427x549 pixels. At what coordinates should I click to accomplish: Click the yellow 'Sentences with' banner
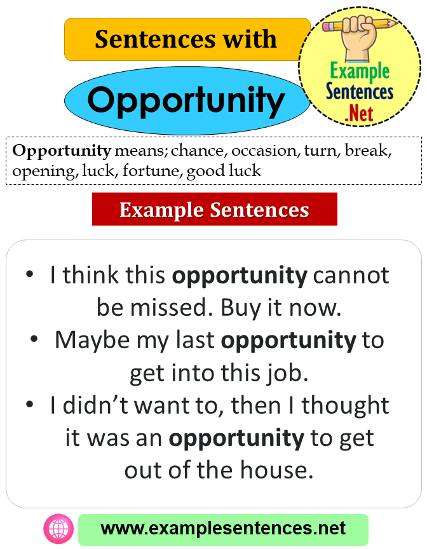click(x=187, y=39)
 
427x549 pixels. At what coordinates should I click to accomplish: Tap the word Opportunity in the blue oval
click(x=186, y=100)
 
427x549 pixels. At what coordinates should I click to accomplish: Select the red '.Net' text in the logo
click(x=360, y=114)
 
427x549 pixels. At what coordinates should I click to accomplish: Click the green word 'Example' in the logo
click(x=360, y=71)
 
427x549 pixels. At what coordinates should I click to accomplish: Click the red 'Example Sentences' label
click(x=214, y=210)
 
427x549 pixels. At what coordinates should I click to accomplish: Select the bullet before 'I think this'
click(x=29, y=275)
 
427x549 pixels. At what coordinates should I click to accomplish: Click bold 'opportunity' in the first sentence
click(x=240, y=276)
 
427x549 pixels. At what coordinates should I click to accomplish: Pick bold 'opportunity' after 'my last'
click(x=288, y=340)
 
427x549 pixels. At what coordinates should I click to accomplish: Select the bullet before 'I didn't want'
click(x=29, y=405)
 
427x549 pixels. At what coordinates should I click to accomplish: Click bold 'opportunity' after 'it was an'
click(x=236, y=438)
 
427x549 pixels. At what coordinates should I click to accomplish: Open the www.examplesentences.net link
click(x=223, y=529)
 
